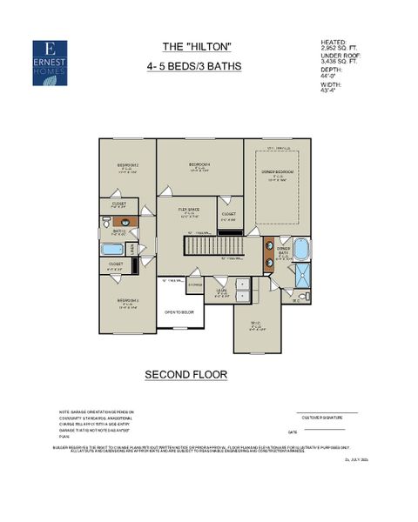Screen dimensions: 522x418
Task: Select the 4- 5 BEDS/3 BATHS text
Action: point(195,65)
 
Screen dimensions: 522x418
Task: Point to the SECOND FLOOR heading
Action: point(186,375)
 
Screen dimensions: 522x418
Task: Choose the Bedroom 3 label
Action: point(128,302)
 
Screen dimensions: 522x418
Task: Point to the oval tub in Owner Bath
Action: point(301,250)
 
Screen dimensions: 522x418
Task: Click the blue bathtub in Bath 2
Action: point(113,248)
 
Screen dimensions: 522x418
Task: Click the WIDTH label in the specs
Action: point(332,85)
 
